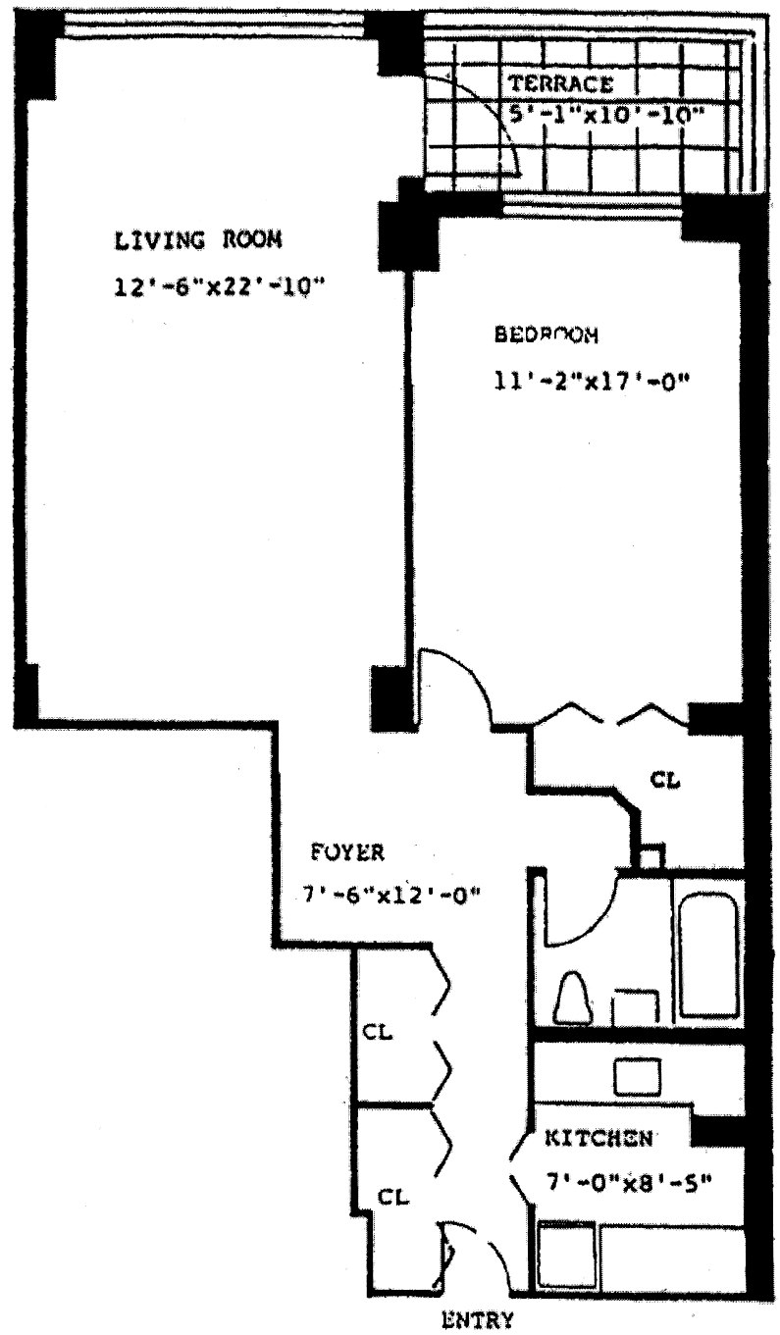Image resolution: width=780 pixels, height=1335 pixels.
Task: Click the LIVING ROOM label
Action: click(x=198, y=239)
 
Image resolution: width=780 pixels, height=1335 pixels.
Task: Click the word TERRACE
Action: click(x=560, y=84)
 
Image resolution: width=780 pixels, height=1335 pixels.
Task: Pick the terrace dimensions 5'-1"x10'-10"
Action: click(x=607, y=114)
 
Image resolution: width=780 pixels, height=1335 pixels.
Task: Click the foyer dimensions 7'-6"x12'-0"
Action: click(x=390, y=896)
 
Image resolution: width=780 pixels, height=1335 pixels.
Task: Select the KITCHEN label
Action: click(x=598, y=1139)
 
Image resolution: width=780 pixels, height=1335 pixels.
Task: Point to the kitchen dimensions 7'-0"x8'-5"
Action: click(x=628, y=1181)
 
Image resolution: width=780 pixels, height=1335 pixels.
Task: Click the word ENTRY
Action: click(x=478, y=1319)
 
